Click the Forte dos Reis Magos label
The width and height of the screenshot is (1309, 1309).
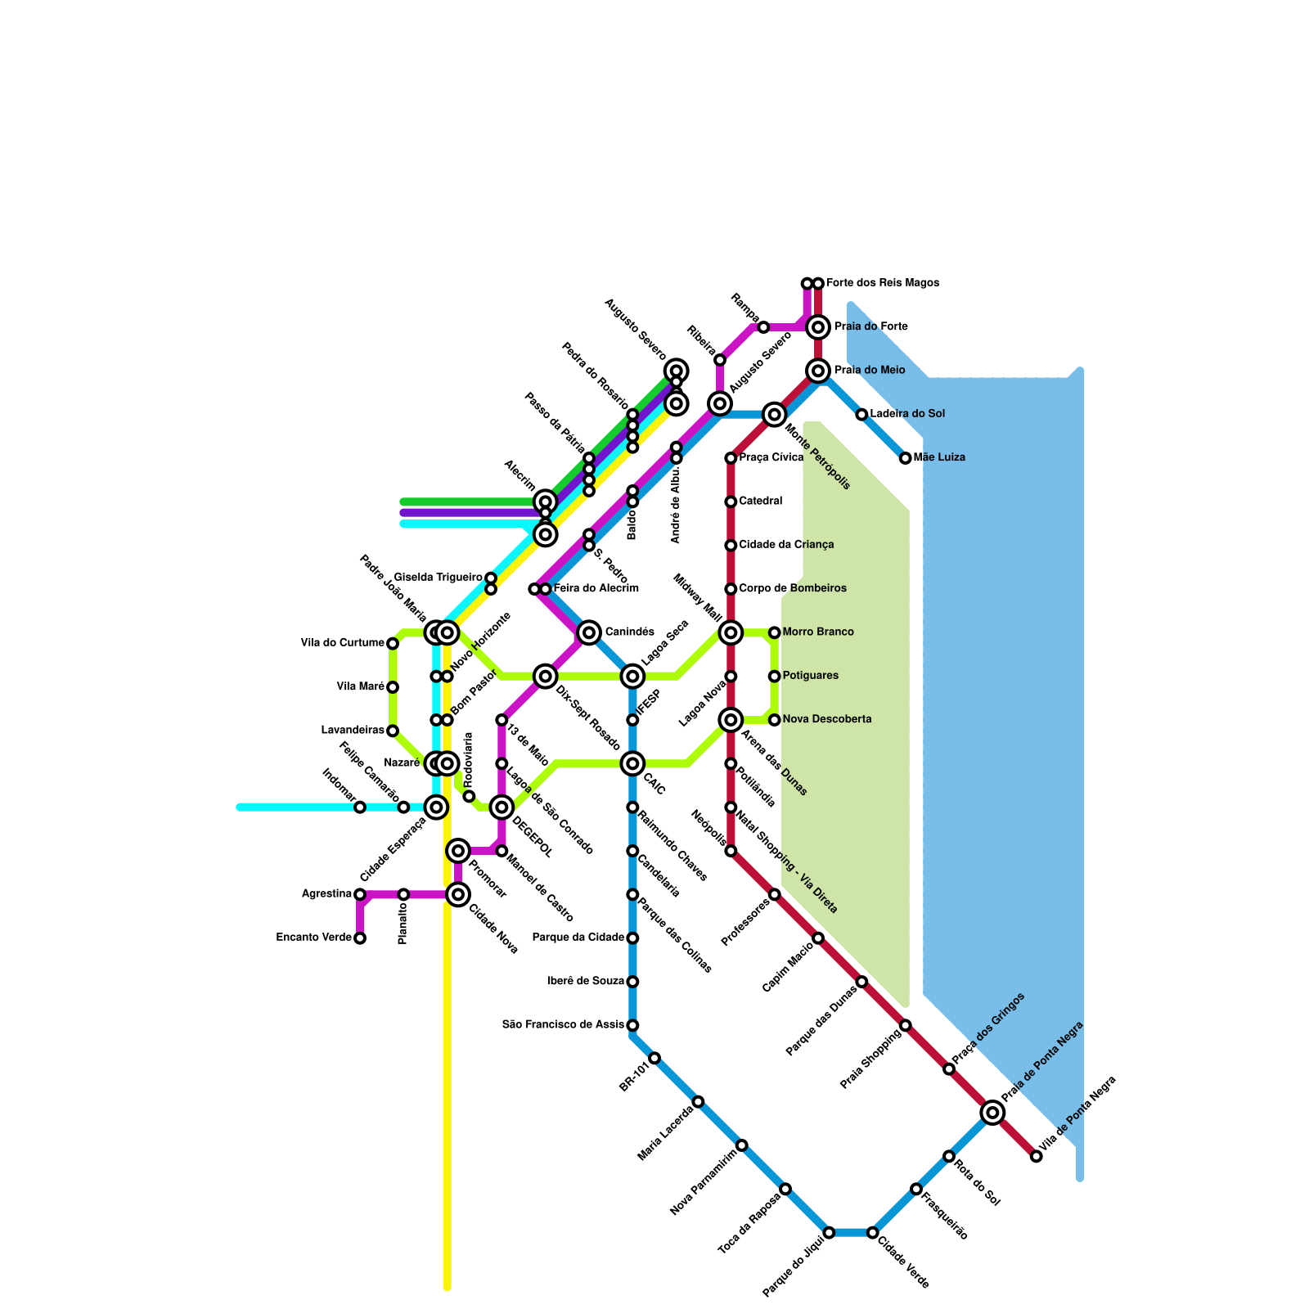[882, 283]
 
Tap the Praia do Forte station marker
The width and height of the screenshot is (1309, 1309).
[817, 327]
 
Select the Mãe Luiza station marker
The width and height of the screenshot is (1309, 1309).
[905, 458]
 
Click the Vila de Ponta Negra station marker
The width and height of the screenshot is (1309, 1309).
[1036, 1156]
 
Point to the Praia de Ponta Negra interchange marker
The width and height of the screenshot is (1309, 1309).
[992, 1112]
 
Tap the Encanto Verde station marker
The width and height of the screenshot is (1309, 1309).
[360, 938]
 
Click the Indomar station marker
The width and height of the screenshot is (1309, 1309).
[360, 807]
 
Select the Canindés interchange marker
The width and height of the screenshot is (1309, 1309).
[588, 632]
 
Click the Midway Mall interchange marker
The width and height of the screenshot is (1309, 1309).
[731, 632]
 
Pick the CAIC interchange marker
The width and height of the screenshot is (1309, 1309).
[632, 763]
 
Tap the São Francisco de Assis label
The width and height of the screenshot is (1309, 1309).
[563, 1024]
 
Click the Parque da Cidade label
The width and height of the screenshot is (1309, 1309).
[578, 938]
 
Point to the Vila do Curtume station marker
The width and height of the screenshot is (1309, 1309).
[393, 644]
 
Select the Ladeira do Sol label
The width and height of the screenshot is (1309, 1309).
[907, 414]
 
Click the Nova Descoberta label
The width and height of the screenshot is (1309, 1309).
[826, 720]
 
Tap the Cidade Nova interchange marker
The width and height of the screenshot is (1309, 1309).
[458, 894]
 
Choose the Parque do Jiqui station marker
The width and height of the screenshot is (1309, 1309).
[829, 1232]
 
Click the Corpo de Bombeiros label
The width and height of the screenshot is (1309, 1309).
[792, 589]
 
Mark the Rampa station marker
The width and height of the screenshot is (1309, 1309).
[763, 327]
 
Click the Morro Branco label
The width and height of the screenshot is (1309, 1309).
[817, 632]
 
